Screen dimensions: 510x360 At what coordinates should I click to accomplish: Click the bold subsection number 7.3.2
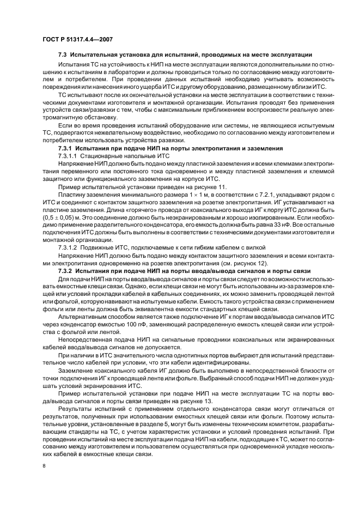click(x=66, y=271)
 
